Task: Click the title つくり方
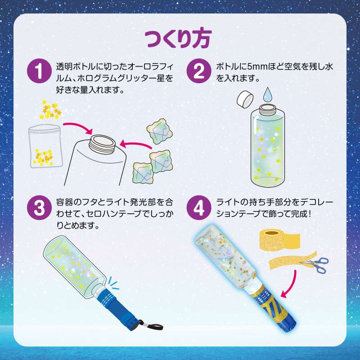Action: point(180,39)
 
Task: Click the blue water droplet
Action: point(268,95)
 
